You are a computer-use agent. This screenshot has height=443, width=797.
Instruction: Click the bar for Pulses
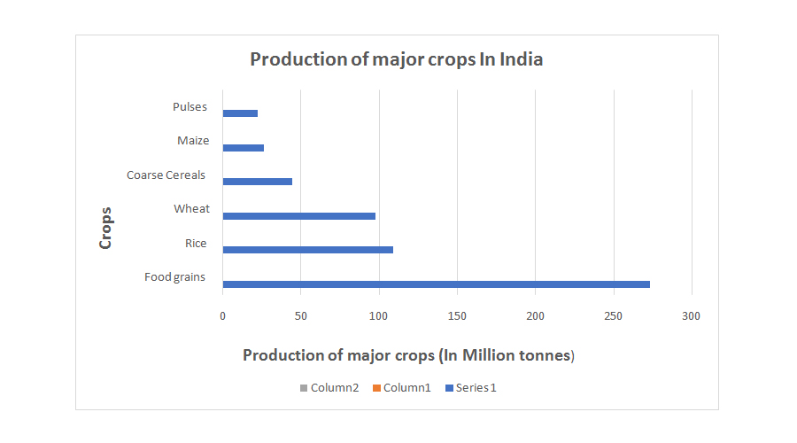240,113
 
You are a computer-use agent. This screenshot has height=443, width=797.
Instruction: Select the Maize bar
244,147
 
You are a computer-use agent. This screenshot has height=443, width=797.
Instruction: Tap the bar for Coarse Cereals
258,182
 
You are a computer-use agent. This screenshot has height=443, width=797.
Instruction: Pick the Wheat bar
299,215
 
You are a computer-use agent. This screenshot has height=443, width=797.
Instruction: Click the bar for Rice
308,250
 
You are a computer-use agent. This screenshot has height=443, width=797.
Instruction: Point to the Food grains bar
437,284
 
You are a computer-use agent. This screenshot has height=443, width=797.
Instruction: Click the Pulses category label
190,107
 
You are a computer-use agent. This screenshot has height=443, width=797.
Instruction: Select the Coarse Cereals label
166,175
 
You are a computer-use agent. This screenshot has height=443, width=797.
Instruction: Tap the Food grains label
174,277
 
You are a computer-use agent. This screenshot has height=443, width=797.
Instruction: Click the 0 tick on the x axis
223,316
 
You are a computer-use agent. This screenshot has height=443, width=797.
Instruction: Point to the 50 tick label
301,316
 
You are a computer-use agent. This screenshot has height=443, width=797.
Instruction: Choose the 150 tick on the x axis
457,316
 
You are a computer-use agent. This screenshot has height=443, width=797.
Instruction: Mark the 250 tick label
613,316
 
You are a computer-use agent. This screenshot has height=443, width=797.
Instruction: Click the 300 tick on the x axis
692,316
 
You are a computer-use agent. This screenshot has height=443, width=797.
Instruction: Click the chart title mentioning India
397,60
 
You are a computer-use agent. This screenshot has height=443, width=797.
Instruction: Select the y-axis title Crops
106,228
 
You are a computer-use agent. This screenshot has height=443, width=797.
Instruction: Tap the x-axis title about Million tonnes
409,355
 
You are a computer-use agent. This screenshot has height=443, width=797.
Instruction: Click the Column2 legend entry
329,388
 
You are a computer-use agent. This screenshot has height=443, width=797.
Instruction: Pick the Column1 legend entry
401,388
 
